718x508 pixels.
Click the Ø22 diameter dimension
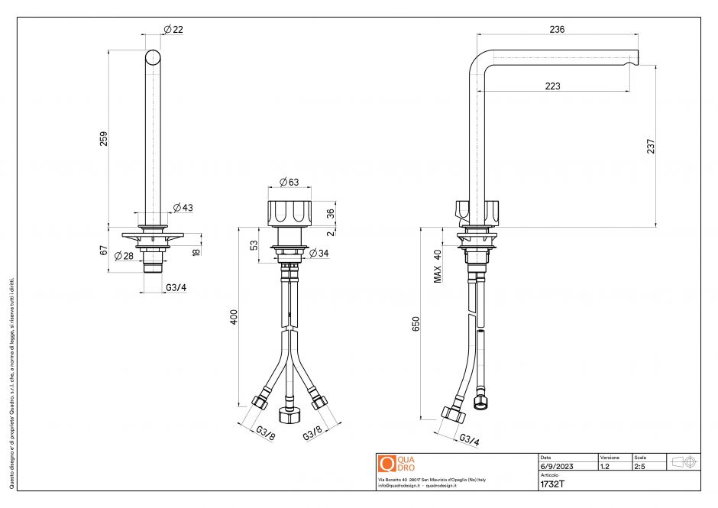(173, 30)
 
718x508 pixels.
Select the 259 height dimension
(105, 138)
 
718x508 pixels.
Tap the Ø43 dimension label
(183, 208)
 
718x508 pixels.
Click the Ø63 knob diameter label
(289, 182)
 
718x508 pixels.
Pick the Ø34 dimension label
(319, 253)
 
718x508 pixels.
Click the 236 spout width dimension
(557, 29)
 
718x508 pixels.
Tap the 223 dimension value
(554, 86)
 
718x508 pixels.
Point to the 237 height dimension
(651, 146)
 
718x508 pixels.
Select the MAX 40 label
(438, 266)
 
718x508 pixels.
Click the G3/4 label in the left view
(176, 288)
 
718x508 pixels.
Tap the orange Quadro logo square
(386, 463)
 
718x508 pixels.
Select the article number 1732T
(552, 484)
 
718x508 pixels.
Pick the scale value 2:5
(640, 466)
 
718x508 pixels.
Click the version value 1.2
(605, 466)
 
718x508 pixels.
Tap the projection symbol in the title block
(682, 462)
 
